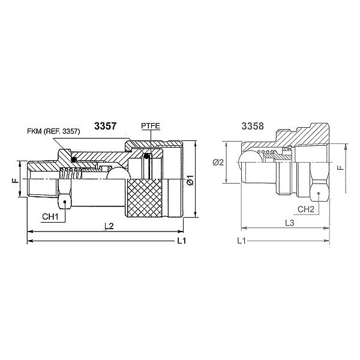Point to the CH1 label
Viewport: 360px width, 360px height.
coord(50,215)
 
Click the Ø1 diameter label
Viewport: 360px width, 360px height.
coord(189,179)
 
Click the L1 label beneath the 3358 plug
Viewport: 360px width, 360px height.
coord(241,241)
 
